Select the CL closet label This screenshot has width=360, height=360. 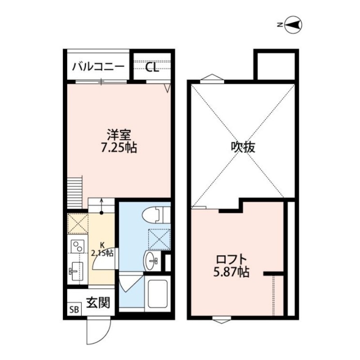152,68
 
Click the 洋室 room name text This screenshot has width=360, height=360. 119,135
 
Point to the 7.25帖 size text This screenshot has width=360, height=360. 119,147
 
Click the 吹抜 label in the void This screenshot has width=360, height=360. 243,147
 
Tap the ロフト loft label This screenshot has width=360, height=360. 232,260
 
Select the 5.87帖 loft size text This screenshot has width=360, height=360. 232,272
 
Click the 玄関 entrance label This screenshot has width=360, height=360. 98,303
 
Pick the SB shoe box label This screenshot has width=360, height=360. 74,310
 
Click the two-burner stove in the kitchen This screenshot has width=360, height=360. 77,246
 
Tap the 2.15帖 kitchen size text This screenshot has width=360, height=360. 103,253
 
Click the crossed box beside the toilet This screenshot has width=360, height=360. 158,239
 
